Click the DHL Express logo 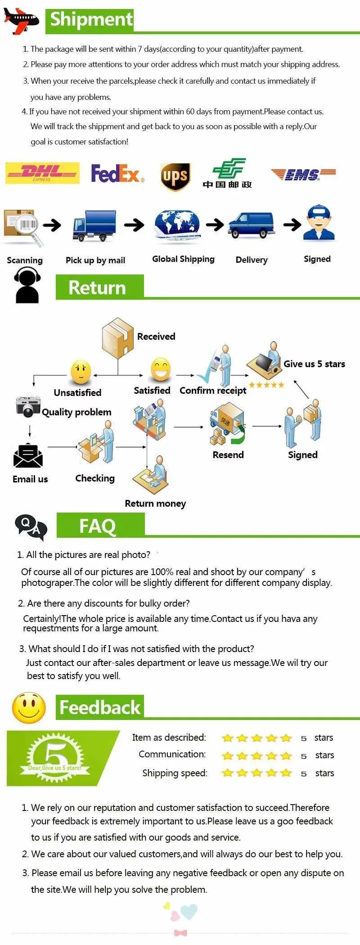click(x=42, y=173)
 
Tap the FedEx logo click(x=117, y=173)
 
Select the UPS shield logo click(x=175, y=176)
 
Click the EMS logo click(x=303, y=174)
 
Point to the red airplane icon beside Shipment click(x=21, y=20)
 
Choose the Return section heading click(x=98, y=288)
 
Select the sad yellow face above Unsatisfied click(x=81, y=372)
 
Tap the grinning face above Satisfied click(x=161, y=370)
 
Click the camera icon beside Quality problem click(x=28, y=406)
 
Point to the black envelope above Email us click(x=28, y=456)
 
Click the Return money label click(x=155, y=504)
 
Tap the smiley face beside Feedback click(x=29, y=707)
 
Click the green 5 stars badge click(x=56, y=758)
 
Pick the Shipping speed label click(x=175, y=773)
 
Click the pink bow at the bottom click(x=180, y=932)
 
